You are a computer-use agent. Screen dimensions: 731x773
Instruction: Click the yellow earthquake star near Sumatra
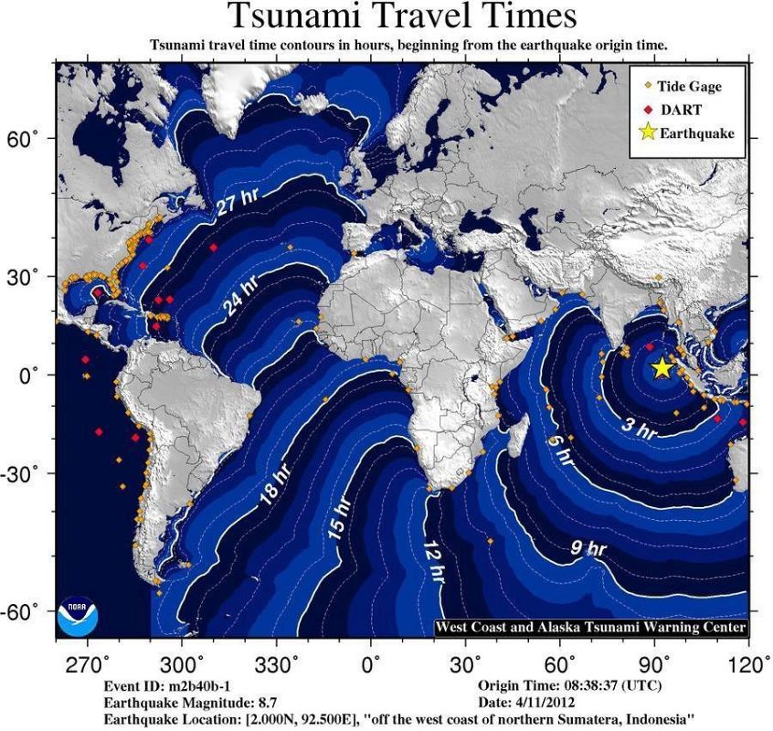coord(662,367)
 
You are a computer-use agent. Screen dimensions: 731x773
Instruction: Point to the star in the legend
coord(649,132)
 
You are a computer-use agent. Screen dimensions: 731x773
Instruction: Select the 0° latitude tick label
coord(32,375)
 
